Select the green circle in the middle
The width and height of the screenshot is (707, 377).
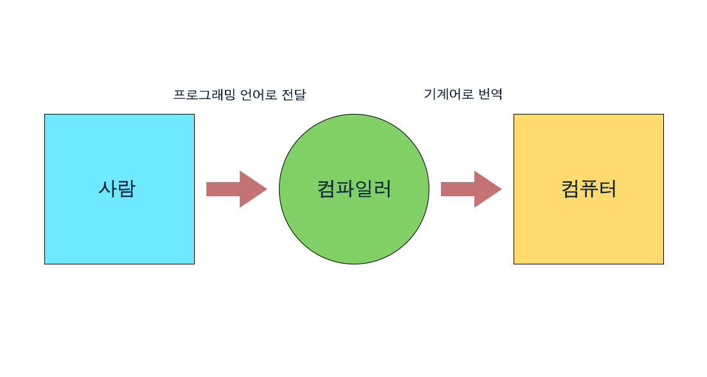click(x=353, y=225)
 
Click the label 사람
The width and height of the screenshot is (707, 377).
click(x=117, y=189)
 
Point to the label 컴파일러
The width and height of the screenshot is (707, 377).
click(x=354, y=189)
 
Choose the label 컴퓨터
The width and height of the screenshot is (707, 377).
click(x=589, y=189)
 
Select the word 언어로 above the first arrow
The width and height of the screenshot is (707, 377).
click(x=255, y=95)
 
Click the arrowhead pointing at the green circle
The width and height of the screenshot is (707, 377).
click(x=252, y=189)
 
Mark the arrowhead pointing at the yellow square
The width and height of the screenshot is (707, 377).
click(x=487, y=189)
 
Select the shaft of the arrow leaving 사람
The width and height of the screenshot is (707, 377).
click(x=222, y=189)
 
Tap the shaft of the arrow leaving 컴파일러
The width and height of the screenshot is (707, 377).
click(x=457, y=189)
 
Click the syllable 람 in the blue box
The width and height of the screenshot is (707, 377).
click(x=127, y=189)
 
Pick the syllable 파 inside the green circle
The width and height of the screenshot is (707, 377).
click(x=345, y=189)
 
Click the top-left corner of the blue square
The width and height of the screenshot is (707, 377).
click(x=45, y=115)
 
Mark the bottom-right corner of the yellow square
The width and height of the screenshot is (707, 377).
click(x=663, y=263)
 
